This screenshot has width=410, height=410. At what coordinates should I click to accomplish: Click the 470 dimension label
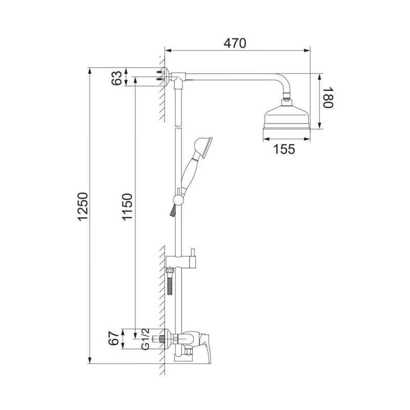[235, 44]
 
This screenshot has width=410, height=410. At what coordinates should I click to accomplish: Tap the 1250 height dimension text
[83, 207]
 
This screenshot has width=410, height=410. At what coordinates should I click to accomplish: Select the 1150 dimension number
[127, 207]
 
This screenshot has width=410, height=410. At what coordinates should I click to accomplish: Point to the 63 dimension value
[117, 78]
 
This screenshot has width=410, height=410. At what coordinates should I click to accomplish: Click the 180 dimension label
[328, 97]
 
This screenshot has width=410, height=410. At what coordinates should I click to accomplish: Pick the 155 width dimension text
[284, 149]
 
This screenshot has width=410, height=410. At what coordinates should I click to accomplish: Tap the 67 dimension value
[114, 339]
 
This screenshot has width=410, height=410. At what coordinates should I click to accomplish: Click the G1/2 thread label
[146, 339]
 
